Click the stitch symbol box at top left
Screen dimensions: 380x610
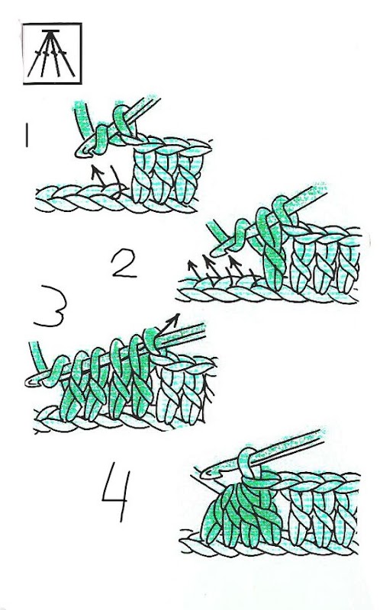point(52,53)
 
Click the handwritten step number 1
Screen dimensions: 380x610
point(27,135)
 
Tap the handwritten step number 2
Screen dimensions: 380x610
point(124,263)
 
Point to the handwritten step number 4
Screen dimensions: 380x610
point(116,491)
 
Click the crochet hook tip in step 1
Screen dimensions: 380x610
point(81,153)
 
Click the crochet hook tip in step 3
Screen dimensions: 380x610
point(31,382)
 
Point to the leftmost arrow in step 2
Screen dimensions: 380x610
point(195,271)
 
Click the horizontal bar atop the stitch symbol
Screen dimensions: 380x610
point(50,30)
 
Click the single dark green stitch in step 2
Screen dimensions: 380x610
point(272,249)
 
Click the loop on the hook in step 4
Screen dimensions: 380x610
point(250,465)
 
